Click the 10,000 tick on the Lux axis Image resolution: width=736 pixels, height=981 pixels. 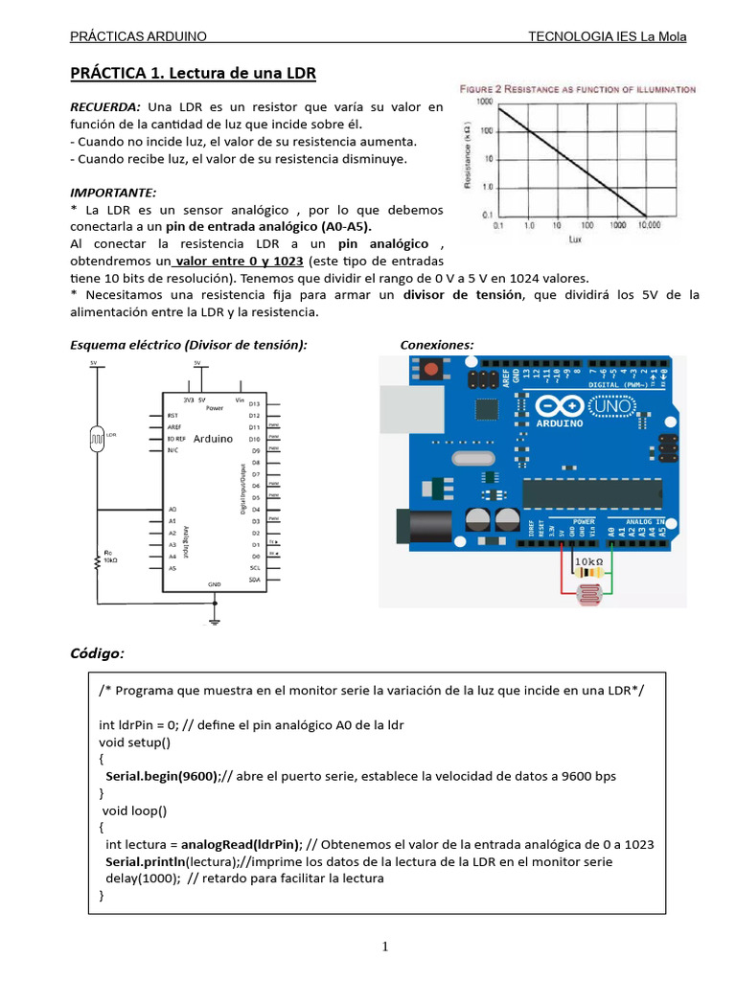click(649, 226)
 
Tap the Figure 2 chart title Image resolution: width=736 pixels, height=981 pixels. click(578, 88)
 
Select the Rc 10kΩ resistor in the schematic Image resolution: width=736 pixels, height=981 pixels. click(96, 560)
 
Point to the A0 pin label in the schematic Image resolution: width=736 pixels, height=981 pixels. click(172, 509)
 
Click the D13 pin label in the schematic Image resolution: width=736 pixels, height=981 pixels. click(255, 404)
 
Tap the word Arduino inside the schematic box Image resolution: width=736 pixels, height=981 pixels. click(213, 439)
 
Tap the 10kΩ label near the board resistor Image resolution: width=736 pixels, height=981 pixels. click(588, 560)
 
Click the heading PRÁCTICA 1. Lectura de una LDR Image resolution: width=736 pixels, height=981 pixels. click(193, 74)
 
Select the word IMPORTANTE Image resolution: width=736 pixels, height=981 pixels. click(113, 193)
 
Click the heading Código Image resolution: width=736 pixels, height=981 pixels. click(97, 653)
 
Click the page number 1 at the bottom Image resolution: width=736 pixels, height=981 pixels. click(384, 947)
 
